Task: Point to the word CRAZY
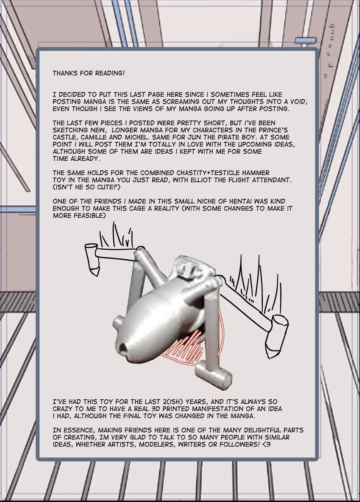[65, 408]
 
